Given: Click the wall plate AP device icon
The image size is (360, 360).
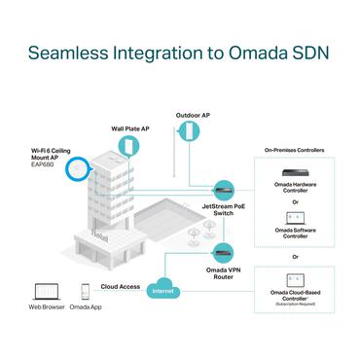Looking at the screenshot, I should tap(127, 145).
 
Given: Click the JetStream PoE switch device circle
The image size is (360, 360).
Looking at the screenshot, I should tap(222, 185).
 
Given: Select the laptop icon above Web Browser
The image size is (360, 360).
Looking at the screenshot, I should tap(45, 291).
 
